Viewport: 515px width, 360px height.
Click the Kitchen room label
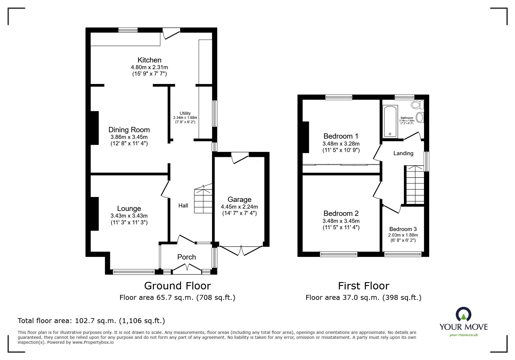pos(149,60)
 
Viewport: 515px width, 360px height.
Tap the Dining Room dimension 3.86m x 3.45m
pos(129,137)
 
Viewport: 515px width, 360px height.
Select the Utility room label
pos(185,113)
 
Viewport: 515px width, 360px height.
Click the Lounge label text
pos(129,208)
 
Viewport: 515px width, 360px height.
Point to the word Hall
pos(183,206)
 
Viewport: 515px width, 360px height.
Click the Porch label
pos(186,257)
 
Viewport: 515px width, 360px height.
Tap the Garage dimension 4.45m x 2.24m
pos(239,207)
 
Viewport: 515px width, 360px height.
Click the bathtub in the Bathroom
pos(390,122)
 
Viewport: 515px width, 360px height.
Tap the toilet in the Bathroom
pos(417,105)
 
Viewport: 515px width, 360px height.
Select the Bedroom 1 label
pos(341,136)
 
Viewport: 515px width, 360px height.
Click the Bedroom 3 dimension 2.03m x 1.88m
pos(403,235)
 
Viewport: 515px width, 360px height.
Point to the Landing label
pos(403,153)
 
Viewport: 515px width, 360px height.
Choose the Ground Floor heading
pos(177,286)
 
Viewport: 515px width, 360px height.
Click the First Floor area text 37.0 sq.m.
pos(363,298)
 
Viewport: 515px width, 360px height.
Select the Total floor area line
pos(91,321)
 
